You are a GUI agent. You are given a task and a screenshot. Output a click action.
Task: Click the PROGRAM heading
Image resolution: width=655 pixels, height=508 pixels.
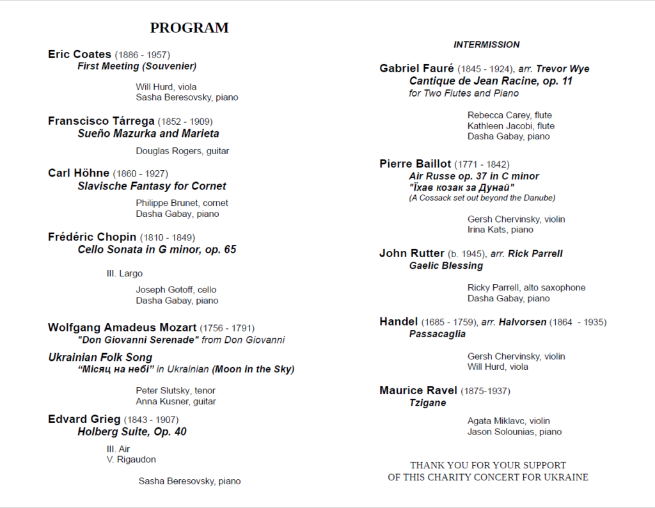pyautogui.click(x=189, y=28)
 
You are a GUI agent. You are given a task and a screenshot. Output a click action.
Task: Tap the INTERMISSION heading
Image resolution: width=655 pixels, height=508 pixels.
pyautogui.click(x=486, y=45)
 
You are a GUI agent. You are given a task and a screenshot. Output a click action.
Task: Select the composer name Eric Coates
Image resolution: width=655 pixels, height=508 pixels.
pyautogui.click(x=79, y=54)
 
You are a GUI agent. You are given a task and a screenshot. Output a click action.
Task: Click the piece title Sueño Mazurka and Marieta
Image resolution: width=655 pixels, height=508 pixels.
pyautogui.click(x=148, y=134)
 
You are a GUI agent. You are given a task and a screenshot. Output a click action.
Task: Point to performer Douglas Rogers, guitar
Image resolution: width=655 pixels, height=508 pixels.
pyautogui.click(x=182, y=151)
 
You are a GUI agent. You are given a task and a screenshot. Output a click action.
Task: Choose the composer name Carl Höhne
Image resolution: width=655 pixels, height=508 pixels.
pyautogui.click(x=79, y=173)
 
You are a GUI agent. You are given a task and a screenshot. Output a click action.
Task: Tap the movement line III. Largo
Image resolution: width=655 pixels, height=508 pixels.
pyautogui.click(x=125, y=274)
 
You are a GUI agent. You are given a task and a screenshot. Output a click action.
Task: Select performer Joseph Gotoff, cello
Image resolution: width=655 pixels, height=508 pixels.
pyautogui.click(x=176, y=290)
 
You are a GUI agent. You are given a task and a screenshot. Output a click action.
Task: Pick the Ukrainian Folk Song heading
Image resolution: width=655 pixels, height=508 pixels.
pyautogui.click(x=100, y=358)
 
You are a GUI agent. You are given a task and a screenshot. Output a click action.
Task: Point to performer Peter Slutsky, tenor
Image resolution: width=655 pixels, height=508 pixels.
pyautogui.click(x=175, y=390)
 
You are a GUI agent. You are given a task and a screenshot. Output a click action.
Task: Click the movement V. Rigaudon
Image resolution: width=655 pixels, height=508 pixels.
pyautogui.click(x=131, y=459)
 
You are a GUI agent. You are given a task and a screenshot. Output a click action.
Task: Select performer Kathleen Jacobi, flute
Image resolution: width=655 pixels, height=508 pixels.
pyautogui.click(x=510, y=126)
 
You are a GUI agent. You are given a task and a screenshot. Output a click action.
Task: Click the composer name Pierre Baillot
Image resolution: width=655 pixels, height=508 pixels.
pyautogui.click(x=415, y=164)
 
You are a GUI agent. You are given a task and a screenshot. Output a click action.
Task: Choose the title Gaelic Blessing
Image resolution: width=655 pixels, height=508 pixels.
pyautogui.click(x=446, y=266)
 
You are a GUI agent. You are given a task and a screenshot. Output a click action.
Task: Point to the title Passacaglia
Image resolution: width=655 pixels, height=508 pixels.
pyautogui.click(x=438, y=334)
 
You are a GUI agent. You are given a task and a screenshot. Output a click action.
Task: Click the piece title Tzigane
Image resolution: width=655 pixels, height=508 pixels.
pyautogui.click(x=427, y=403)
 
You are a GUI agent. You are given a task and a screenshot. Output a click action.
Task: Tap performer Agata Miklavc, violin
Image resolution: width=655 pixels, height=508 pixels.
pyautogui.click(x=509, y=421)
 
